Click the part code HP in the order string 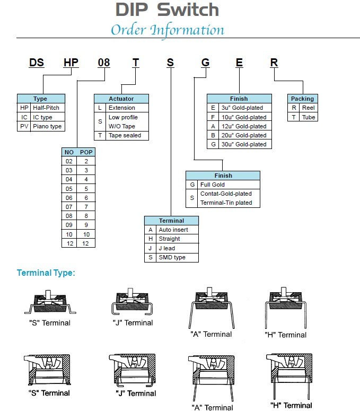click(x=71, y=63)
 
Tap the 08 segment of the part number click(x=104, y=63)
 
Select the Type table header click(x=40, y=99)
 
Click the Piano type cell click(x=47, y=126)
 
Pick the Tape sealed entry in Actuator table click(x=125, y=135)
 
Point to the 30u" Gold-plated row click(x=244, y=144)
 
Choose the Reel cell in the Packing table click(x=308, y=108)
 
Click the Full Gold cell click(x=212, y=185)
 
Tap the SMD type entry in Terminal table click(x=172, y=257)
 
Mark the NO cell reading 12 click(x=69, y=243)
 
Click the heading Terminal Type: click(x=46, y=273)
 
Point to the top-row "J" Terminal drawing click(x=133, y=305)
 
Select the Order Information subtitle click(x=167, y=29)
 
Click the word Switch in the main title click(x=188, y=10)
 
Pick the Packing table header click(x=303, y=99)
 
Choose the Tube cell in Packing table click(x=308, y=117)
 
